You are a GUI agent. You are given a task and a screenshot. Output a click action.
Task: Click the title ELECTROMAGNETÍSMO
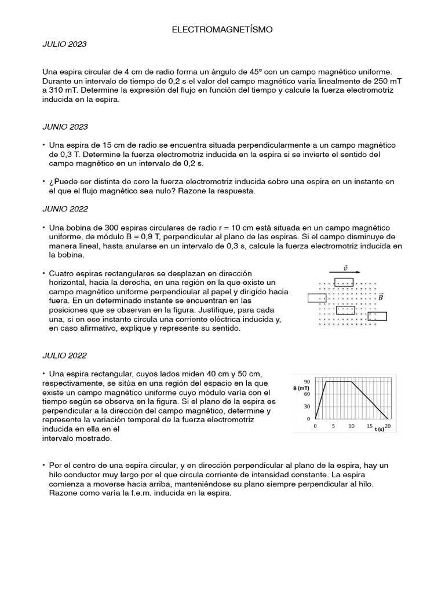tap(222, 28)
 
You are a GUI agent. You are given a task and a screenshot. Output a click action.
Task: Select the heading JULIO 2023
tap(64, 44)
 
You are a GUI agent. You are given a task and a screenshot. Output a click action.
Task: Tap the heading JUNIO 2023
tap(65, 126)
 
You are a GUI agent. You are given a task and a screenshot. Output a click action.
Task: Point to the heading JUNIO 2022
tap(65, 208)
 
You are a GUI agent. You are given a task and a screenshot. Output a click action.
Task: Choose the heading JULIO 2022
tap(64, 355)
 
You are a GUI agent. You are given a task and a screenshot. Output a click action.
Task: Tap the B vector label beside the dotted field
tap(381, 297)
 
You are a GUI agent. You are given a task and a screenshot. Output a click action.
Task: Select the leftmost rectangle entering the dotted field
tap(317, 298)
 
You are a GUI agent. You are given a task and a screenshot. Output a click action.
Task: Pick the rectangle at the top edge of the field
tap(344, 282)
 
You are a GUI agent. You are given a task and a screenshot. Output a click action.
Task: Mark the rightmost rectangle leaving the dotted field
tap(378, 316)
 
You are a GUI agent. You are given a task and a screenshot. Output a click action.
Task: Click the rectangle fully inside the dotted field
tap(345, 310)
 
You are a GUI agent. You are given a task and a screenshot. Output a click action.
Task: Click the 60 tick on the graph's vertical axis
tap(307, 394)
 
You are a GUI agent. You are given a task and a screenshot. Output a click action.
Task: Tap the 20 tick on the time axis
tap(388, 426)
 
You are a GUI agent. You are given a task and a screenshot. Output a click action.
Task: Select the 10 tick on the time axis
tap(352, 426)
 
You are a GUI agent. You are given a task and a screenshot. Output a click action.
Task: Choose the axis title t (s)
tap(379, 429)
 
